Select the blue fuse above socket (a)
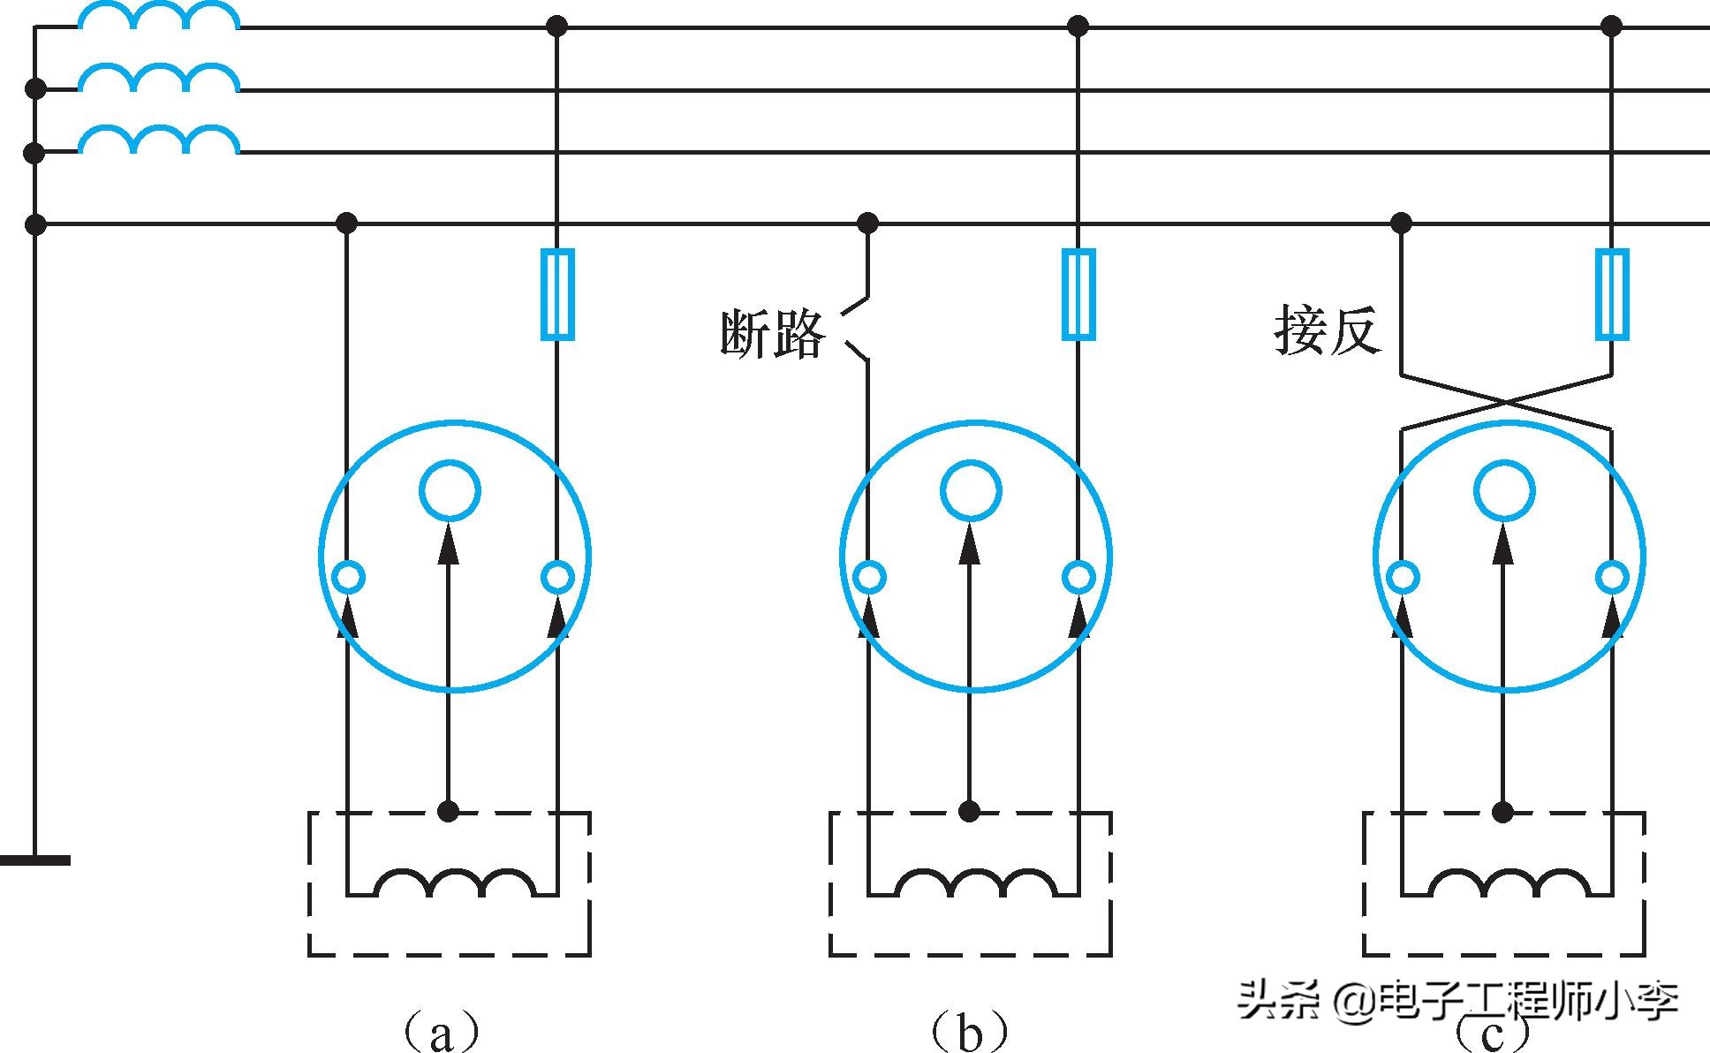(556, 294)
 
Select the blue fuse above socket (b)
(1078, 294)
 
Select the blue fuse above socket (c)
(1612, 294)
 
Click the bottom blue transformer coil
(159, 141)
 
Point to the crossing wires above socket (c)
(1506, 403)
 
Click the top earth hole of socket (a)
(450, 490)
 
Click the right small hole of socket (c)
(1612, 578)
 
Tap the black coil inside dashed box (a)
(456, 883)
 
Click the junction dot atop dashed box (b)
(970, 811)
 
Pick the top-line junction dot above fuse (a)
(556, 27)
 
